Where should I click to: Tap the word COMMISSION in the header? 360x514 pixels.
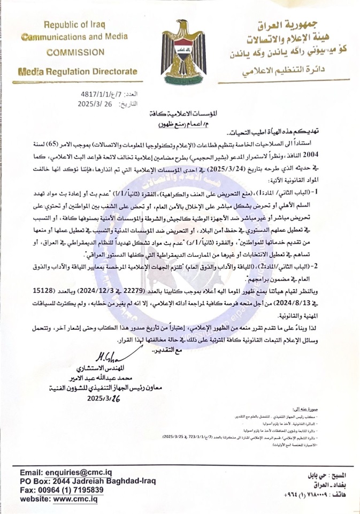pos(75,52)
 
